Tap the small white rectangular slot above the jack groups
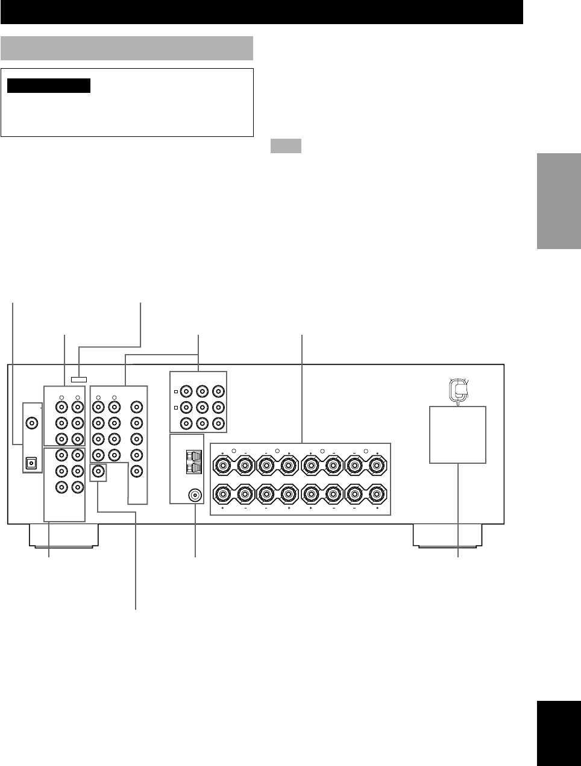(x=79, y=380)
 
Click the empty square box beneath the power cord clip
(x=457, y=434)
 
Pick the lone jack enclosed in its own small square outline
(x=97, y=471)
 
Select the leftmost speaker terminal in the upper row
(x=224, y=465)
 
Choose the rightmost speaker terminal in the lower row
(x=377, y=494)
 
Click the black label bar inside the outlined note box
(x=49, y=86)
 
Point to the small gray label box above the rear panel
(x=285, y=146)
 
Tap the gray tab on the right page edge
(x=557, y=201)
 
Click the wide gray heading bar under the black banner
(x=127, y=48)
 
